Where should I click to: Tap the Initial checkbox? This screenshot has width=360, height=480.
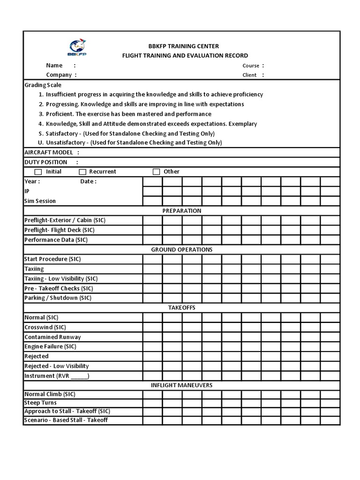coord(38,172)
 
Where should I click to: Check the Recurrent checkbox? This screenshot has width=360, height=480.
coord(82,172)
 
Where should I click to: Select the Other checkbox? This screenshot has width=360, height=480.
coord(157,172)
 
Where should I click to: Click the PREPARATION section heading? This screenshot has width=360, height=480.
coord(182,211)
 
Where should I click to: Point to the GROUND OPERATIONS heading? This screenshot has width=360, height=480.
coord(182,249)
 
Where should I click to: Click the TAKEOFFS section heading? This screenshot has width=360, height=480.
coord(182,307)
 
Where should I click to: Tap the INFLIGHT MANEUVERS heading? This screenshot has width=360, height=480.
coord(182,385)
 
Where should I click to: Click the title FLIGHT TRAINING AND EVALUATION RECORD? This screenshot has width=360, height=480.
coord(185,56)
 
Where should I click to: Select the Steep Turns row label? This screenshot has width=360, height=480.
coord(40,403)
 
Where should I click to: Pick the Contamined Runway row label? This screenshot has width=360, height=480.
coord(52,337)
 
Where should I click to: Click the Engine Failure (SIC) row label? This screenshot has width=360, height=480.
coord(50,346)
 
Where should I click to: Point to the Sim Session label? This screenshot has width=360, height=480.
coord(40,201)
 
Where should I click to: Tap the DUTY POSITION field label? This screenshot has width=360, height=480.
coord(45,162)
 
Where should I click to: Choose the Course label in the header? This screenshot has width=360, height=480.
coord(251,66)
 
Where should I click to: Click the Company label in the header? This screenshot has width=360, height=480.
coord(59,75)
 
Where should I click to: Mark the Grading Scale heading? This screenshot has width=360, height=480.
coord(43,85)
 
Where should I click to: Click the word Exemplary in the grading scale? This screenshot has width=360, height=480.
coord(243,124)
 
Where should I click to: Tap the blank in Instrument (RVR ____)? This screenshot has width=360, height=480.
coord(79,376)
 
